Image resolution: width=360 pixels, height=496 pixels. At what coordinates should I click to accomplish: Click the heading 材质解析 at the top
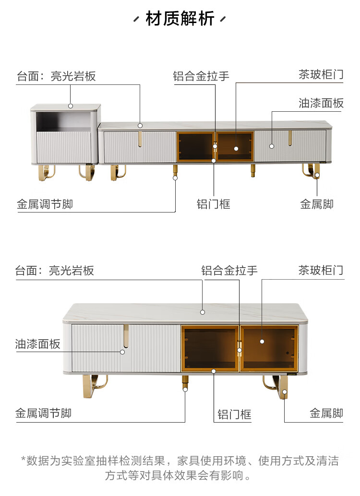click(x=180, y=19)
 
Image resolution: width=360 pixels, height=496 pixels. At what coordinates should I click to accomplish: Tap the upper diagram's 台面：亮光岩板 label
click(x=56, y=76)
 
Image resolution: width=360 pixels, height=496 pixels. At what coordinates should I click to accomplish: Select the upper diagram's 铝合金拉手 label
click(x=201, y=76)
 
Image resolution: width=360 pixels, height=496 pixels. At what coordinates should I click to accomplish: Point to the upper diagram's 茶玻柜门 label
click(x=321, y=75)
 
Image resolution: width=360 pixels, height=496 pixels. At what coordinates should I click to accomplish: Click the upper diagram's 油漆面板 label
click(x=321, y=103)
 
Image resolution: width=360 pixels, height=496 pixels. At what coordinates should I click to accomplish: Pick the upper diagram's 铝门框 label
click(x=214, y=204)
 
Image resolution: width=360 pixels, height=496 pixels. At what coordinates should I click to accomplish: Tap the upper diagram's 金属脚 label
click(x=316, y=204)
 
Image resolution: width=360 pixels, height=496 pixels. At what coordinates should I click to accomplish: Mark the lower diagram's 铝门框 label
click(x=234, y=414)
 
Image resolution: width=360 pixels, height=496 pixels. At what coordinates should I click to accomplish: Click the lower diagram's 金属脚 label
click(x=326, y=413)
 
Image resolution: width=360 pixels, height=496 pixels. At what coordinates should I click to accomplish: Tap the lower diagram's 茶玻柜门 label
click(x=321, y=271)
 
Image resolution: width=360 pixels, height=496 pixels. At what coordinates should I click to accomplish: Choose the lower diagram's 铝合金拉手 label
click(x=229, y=271)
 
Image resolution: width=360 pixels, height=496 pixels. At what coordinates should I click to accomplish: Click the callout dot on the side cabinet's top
click(x=71, y=106)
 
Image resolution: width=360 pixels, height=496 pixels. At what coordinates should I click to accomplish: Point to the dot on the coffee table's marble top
click(x=203, y=312)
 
